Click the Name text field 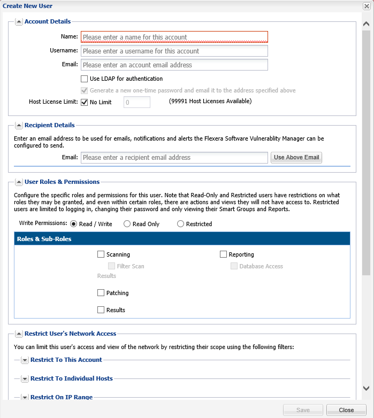[174, 37]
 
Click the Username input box [174, 51]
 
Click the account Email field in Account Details [174, 65]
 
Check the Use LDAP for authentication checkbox [85, 79]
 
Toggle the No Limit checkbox [85, 102]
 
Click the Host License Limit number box [137, 102]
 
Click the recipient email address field [174, 158]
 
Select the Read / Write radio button [74, 224]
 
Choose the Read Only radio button [127, 224]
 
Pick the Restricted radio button [180, 224]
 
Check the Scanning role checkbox [101, 254]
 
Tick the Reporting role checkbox [223, 254]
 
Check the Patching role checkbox [101, 293]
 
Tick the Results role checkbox [101, 310]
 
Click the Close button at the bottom [346, 410]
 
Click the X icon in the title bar [367, 6]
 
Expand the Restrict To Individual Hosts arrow [25, 378]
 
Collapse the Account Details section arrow [19, 22]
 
